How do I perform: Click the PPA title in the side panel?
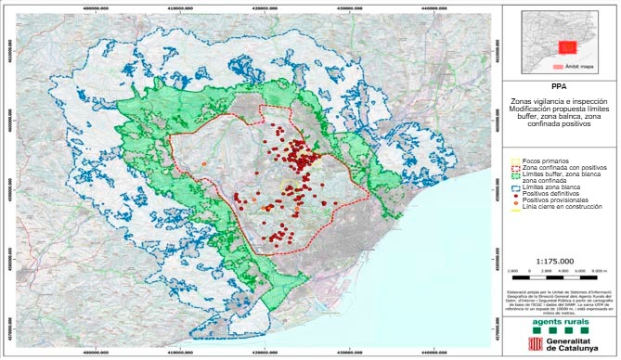[x=562, y=86]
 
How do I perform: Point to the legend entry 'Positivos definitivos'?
[x=555, y=195]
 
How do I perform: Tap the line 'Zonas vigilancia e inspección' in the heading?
[x=562, y=101]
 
